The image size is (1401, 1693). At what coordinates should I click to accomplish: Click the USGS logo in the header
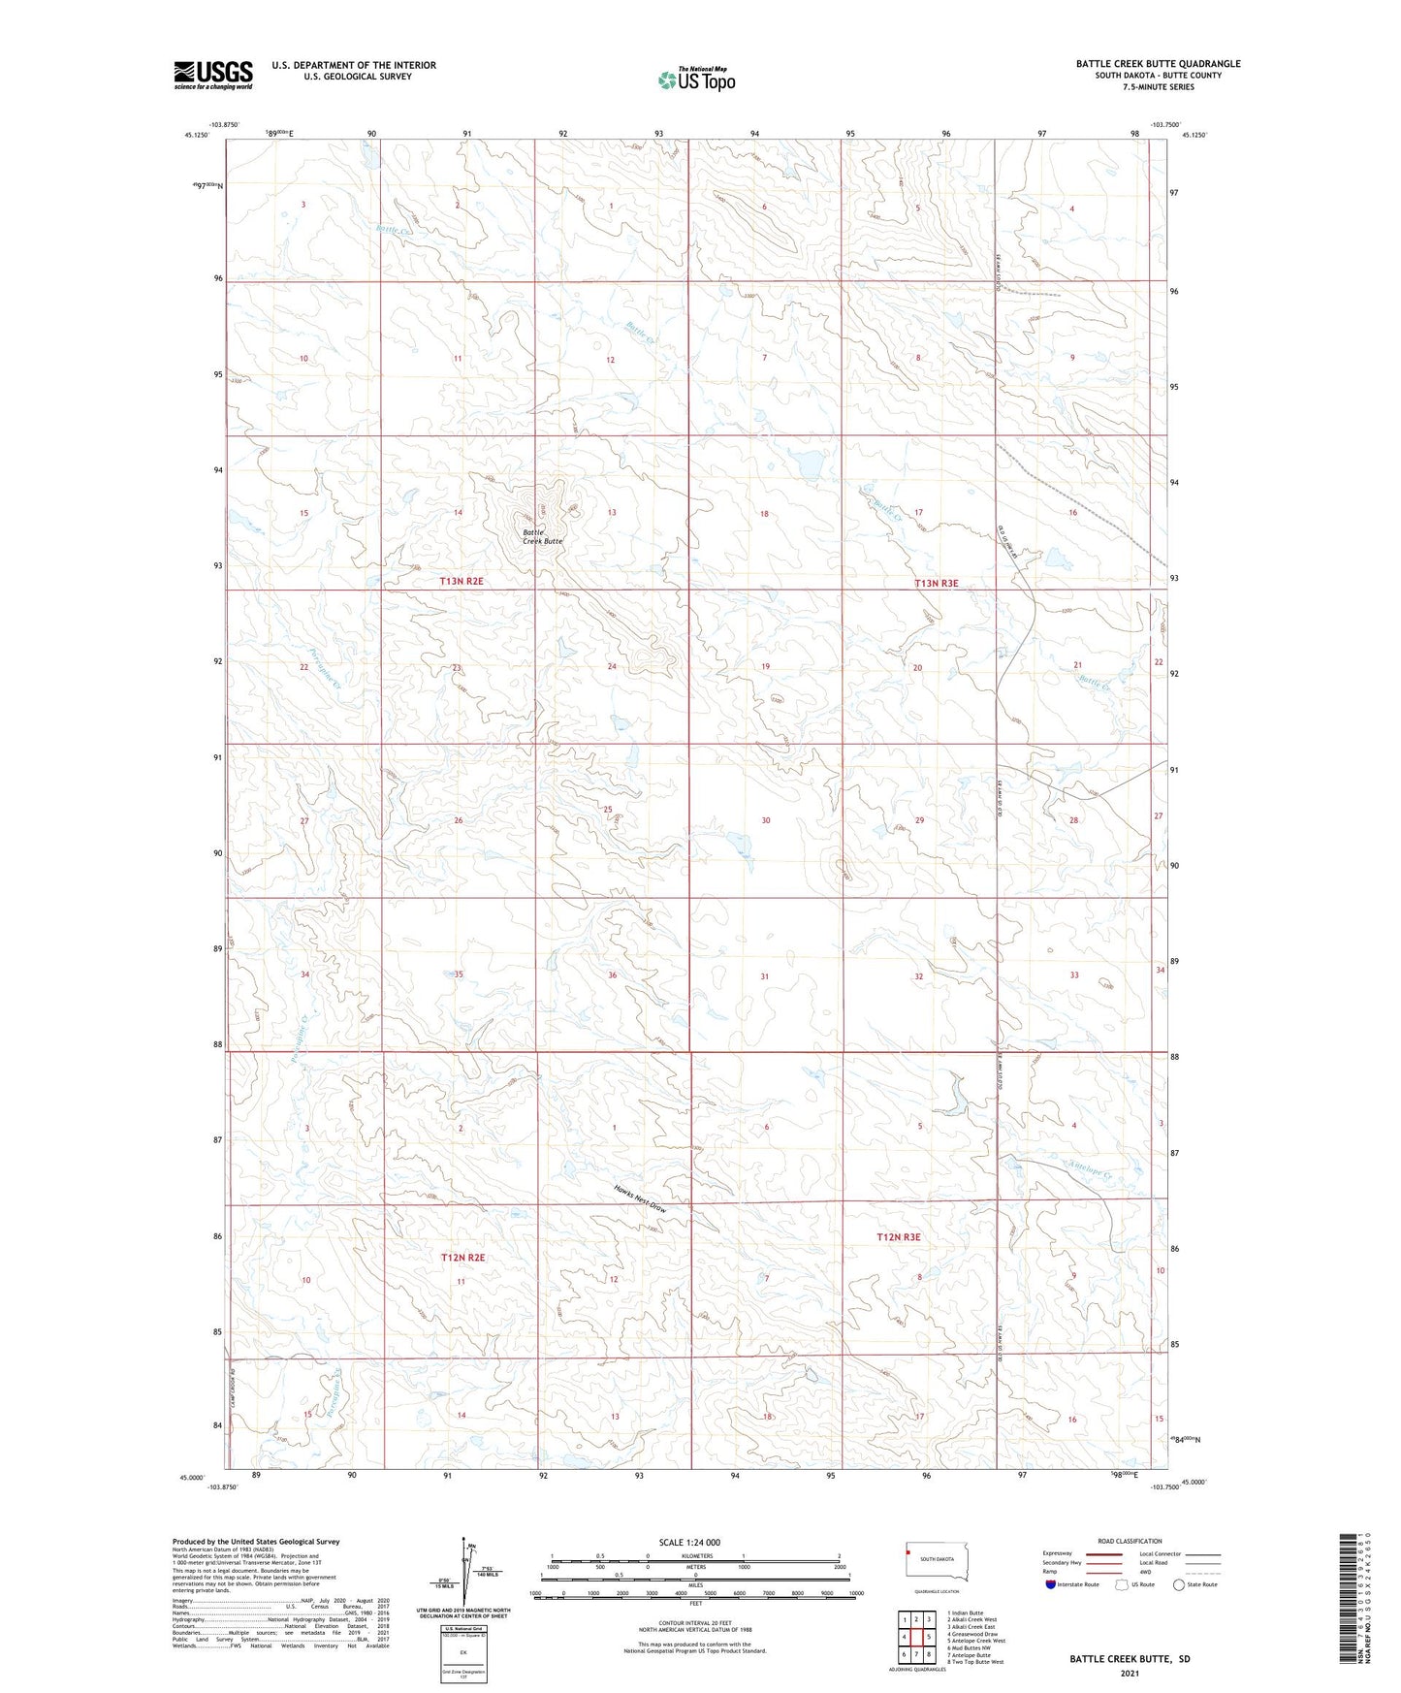pos(213,75)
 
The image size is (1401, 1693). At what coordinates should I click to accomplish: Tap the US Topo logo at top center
pos(696,80)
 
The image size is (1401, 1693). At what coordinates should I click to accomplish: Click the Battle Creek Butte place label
pos(542,536)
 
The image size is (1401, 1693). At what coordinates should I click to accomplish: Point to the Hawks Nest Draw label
pos(640,1199)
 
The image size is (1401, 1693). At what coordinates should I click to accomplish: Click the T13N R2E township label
pos(462,581)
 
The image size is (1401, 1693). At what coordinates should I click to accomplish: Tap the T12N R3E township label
pos(898,1237)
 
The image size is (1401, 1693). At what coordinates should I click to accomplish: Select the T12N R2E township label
pos(462,1258)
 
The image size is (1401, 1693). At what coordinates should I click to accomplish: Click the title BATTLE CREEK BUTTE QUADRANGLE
pos(1158,64)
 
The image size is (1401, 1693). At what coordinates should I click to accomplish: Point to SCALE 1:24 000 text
pos(689,1542)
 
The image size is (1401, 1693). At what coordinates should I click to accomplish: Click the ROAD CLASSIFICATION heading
pos(1130,1541)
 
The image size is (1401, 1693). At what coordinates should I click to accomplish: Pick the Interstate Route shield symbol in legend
pos(1051,1583)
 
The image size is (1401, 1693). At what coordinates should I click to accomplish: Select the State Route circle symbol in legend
pos(1179,1584)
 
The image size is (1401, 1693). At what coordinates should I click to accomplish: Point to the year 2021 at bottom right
pos(1129,1673)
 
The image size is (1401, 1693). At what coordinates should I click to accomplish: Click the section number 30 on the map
pos(766,820)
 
